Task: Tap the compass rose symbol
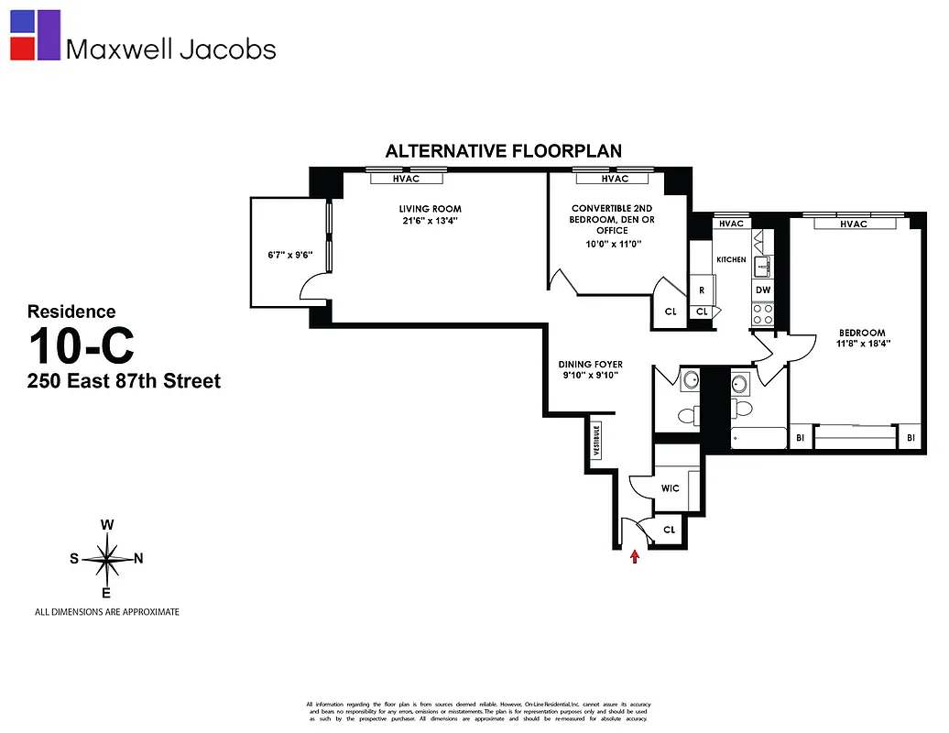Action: pos(107,559)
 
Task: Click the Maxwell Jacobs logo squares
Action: pos(35,35)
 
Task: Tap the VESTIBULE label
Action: pos(596,441)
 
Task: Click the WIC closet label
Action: pos(670,488)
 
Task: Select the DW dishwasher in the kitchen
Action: pos(763,290)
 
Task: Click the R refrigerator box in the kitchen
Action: pos(702,290)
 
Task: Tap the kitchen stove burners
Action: pos(763,314)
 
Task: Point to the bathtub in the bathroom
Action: pos(758,438)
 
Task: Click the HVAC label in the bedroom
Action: pos(853,224)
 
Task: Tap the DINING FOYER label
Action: pos(590,365)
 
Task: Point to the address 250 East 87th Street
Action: pos(124,380)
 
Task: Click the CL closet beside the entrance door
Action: pos(669,530)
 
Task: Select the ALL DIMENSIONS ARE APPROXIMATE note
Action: pos(106,611)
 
